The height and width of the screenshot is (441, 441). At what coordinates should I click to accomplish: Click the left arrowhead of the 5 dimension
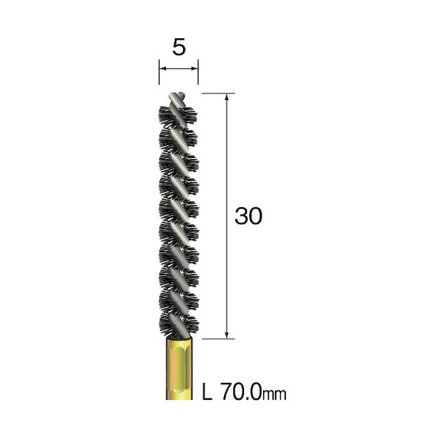point(162,68)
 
